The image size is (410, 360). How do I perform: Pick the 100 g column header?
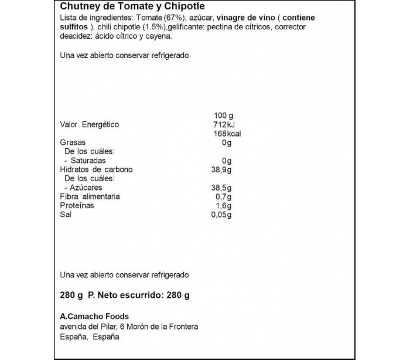point(223,115)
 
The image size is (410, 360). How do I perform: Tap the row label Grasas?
point(73,142)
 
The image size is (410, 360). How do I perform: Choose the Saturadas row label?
point(87,160)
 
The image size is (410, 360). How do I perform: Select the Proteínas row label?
point(77,206)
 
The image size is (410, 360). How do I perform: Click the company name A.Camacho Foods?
point(94,317)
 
